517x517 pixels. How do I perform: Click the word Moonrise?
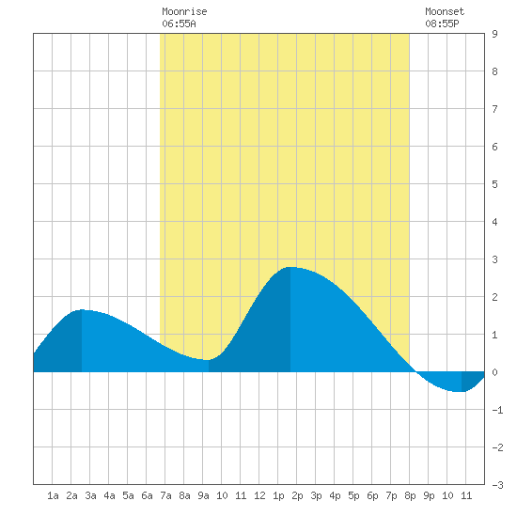point(184,11)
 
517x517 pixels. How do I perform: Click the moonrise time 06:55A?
point(179,23)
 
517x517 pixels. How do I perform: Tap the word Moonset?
point(445,11)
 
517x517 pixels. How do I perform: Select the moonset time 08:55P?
point(442,23)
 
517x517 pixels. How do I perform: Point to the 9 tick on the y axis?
point(494,34)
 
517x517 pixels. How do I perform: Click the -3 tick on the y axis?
point(497,485)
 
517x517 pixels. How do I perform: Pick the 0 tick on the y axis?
point(494,372)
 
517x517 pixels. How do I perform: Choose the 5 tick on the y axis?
point(494,184)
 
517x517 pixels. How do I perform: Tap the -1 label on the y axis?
point(497,410)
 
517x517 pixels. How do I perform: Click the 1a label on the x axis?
point(53,495)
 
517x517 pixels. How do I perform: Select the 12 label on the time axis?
point(259,495)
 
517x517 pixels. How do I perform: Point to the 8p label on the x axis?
point(410,495)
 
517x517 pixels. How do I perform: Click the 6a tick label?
point(147,495)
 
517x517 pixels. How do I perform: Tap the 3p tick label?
point(316,495)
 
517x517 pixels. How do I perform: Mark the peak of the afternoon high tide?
point(290,267)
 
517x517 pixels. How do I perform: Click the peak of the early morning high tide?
point(82,309)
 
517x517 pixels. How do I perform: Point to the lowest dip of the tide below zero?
point(462,392)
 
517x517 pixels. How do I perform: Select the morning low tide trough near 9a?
point(209,360)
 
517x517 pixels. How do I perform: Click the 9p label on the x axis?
point(429,495)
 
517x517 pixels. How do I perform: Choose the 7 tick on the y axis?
point(494,109)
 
